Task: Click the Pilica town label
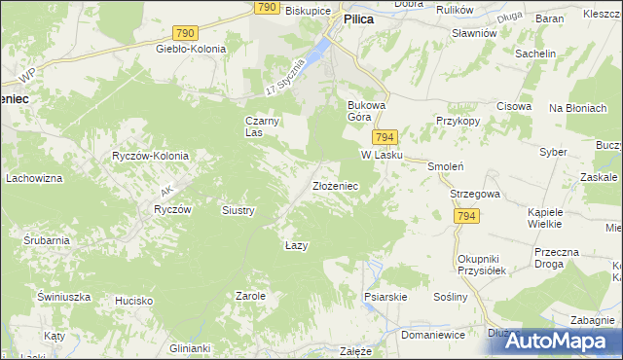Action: point(358,31)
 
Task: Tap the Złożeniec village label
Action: point(337,185)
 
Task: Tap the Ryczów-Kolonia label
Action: point(150,156)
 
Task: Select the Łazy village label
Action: point(297,245)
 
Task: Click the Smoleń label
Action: point(444,166)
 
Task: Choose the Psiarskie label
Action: point(384,296)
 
